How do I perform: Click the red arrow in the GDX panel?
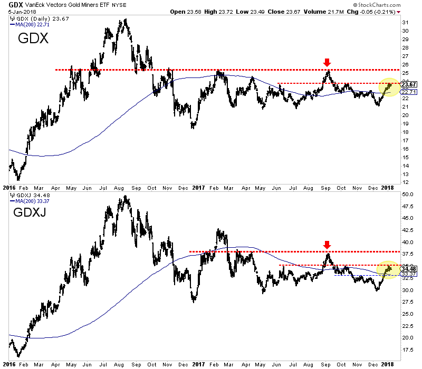pos(327,63)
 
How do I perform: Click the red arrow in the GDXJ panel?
pos(327,245)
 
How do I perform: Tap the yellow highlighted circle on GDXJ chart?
pos(388,270)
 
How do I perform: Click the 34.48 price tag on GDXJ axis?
pos(408,268)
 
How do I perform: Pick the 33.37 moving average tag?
pos(408,274)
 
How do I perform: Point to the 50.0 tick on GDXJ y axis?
pos(406,195)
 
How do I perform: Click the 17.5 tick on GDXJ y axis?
pos(406,349)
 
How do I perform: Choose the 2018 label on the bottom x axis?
pos(388,364)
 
